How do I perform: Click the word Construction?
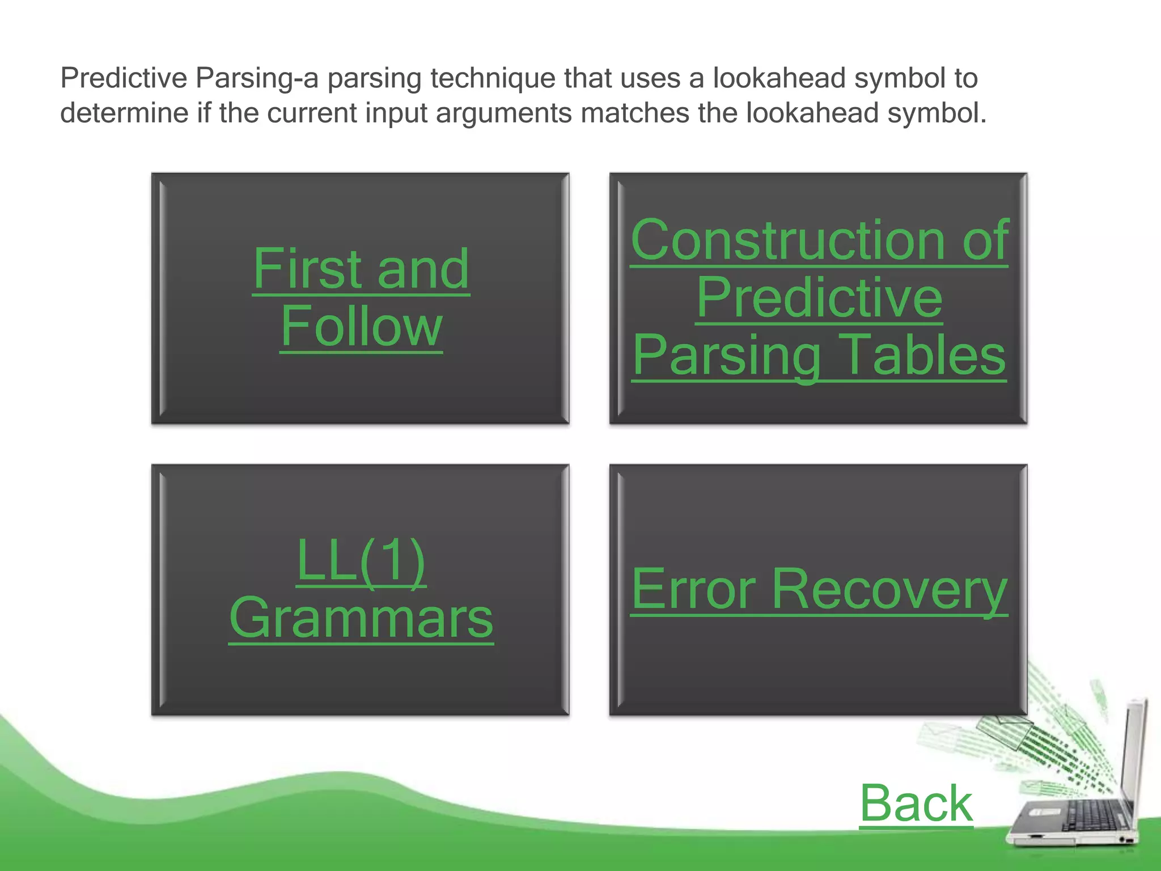tap(787, 240)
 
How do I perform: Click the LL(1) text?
tap(361, 561)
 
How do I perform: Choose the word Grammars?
tap(361, 618)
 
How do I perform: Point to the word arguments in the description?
tap(504, 113)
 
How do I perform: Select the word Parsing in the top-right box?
tap(726, 355)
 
